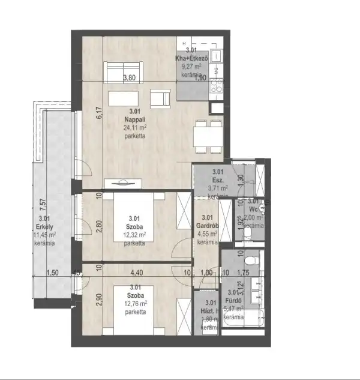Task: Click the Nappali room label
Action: (x=135, y=119)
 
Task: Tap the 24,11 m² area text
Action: (x=135, y=127)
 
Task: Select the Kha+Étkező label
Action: (x=191, y=58)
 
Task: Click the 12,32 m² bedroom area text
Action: (x=134, y=235)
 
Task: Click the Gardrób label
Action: (x=207, y=226)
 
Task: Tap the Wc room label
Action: (x=254, y=210)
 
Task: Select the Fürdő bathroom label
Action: (x=233, y=300)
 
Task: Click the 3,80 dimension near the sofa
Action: (x=129, y=78)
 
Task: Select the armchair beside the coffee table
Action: (x=160, y=98)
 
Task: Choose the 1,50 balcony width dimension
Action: (x=53, y=273)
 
